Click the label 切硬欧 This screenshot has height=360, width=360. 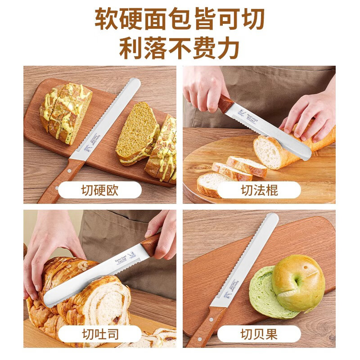point(99,190)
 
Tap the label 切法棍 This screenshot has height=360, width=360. point(259,190)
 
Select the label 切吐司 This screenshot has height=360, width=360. point(99,334)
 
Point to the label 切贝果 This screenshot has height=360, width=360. point(259,334)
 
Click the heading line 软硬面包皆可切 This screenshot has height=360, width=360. point(180,19)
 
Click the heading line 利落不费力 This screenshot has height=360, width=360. point(180,49)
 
